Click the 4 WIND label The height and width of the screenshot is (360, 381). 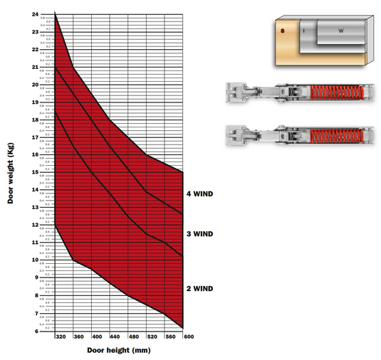tap(200, 194)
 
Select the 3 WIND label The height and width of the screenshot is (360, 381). tap(200, 233)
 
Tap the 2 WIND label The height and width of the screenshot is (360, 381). tap(200, 288)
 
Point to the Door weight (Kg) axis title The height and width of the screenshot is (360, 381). tap(11, 171)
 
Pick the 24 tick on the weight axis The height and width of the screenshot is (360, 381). tap(36, 14)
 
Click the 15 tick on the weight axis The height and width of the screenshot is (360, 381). tap(36, 171)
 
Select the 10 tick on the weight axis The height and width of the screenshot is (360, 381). tap(36, 260)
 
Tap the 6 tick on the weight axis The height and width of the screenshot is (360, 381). tap(36, 330)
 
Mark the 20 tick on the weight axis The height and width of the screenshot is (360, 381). tap(36, 84)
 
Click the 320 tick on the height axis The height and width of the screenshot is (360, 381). tap(61, 337)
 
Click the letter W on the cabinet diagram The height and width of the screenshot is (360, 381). tap(340, 31)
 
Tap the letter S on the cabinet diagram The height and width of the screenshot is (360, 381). tap(283, 31)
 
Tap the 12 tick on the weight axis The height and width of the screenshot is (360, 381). tap(36, 224)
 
